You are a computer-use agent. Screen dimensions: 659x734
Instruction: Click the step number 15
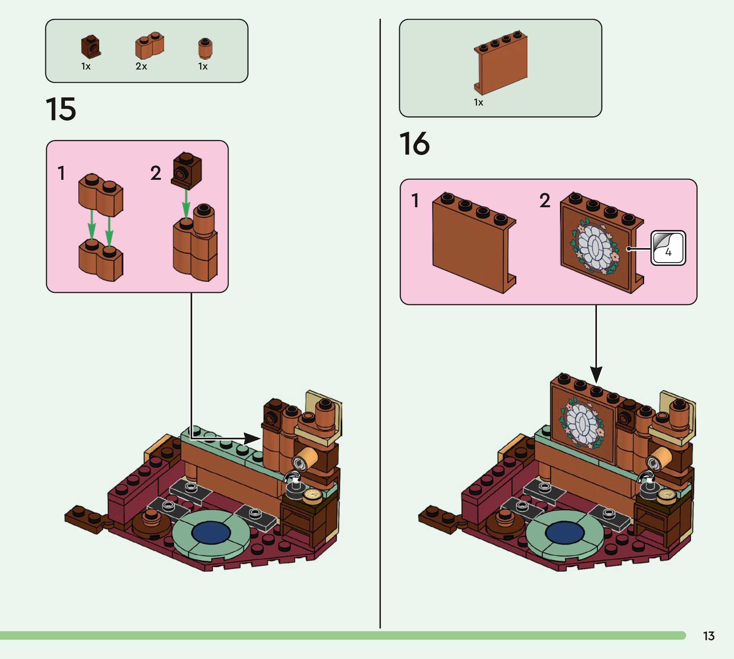(x=61, y=109)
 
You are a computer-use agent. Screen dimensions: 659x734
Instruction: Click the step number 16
(x=414, y=144)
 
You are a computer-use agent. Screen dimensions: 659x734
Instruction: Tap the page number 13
(x=709, y=636)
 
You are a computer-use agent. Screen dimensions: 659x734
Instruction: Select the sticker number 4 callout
(x=668, y=248)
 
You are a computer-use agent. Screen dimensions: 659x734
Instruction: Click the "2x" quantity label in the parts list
(x=141, y=66)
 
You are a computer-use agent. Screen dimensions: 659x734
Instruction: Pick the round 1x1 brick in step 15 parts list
(x=205, y=48)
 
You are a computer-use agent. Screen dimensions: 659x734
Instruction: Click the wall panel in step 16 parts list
(x=501, y=62)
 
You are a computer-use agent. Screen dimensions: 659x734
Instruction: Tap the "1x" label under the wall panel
(x=478, y=102)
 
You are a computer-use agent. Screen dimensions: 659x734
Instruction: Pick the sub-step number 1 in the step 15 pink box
(x=62, y=173)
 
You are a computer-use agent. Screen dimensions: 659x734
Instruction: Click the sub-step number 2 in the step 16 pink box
(x=545, y=200)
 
